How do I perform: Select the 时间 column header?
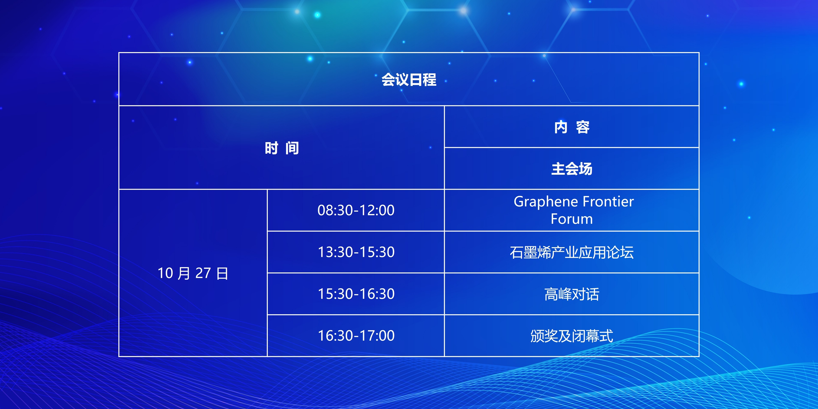282,148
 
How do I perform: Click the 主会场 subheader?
572,169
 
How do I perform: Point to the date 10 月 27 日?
193,273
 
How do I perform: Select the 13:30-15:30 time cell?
356,252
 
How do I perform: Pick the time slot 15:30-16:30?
356,294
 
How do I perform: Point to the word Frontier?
609,202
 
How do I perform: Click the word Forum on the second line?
572,219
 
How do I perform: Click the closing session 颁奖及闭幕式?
572,336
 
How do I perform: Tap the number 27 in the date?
203,273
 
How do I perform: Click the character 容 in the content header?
583,127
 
